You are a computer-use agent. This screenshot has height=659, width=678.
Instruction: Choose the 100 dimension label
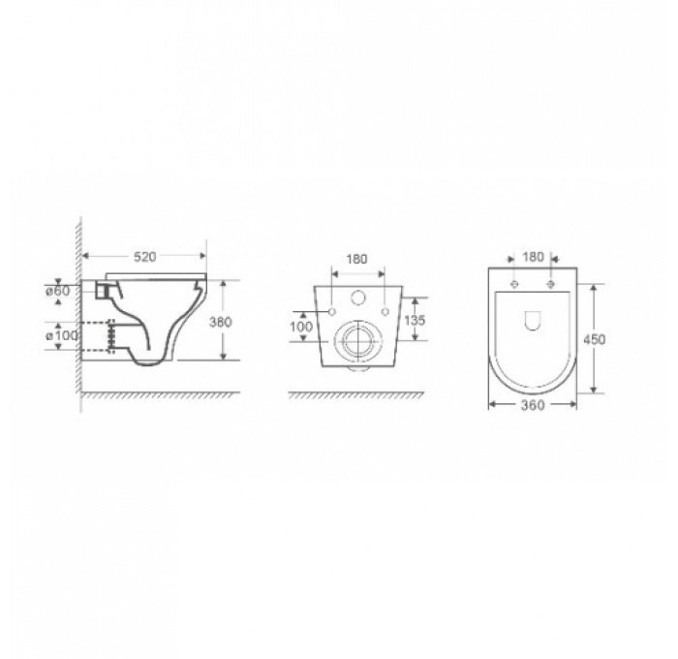(300, 327)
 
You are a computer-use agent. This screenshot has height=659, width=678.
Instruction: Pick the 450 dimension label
(598, 340)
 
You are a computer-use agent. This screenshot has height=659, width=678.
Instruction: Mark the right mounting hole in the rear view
(385, 312)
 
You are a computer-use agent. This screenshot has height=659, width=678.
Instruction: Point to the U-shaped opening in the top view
(533, 321)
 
